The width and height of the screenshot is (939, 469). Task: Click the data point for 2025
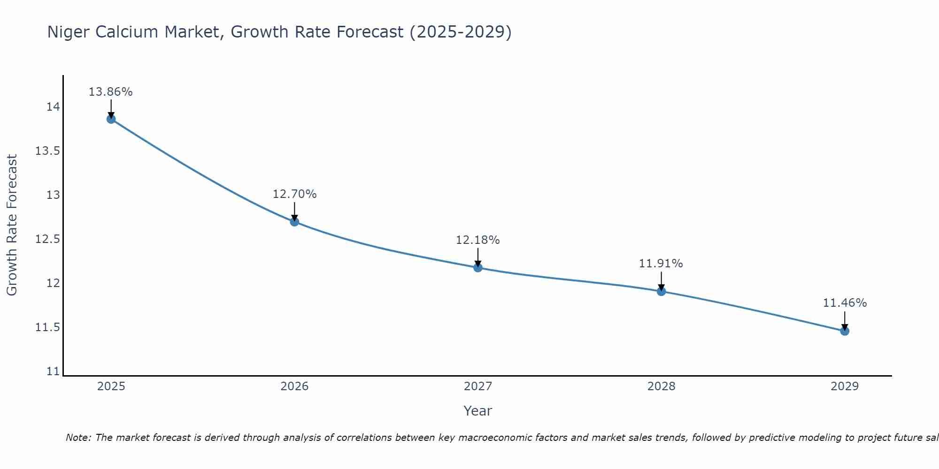(x=111, y=119)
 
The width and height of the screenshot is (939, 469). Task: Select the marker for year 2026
(x=294, y=221)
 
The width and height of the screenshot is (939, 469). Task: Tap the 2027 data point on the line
(x=478, y=267)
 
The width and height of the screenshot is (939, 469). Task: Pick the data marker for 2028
(x=661, y=291)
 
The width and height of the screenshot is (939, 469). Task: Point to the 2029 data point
(x=845, y=331)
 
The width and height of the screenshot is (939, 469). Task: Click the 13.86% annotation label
(x=111, y=92)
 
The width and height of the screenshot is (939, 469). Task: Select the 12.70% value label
(x=294, y=194)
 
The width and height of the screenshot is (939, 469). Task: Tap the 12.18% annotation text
(x=478, y=240)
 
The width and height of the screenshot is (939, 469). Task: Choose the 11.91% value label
(x=661, y=264)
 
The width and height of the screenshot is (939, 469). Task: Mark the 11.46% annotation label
(x=845, y=303)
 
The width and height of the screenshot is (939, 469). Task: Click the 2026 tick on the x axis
(x=294, y=386)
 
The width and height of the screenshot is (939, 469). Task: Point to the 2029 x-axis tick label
(x=845, y=386)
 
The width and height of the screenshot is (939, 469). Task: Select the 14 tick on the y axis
(x=54, y=107)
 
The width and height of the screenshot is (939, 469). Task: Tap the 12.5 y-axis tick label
(x=48, y=239)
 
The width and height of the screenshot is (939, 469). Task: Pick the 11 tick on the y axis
(x=54, y=371)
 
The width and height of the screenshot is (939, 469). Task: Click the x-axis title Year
(x=478, y=411)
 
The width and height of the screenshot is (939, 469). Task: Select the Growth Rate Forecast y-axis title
(x=12, y=225)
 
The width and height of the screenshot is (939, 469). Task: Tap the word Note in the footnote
(x=78, y=438)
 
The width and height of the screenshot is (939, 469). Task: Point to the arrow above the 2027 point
(x=478, y=257)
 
